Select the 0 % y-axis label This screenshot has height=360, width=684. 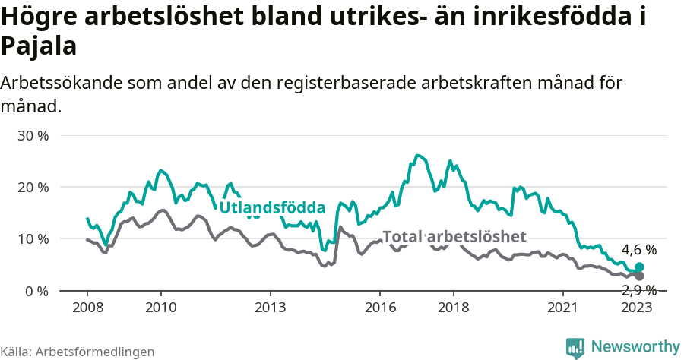(36, 291)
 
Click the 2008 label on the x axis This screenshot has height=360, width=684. (87, 308)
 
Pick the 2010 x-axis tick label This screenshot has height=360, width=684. (160, 308)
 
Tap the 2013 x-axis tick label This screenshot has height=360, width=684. (271, 308)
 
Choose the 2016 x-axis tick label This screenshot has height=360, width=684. (380, 308)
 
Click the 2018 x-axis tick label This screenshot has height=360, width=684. (454, 308)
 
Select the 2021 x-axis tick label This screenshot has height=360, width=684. (564, 308)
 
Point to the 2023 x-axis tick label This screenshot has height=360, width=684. (637, 308)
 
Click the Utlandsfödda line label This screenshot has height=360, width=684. (272, 207)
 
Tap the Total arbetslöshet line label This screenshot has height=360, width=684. (454, 236)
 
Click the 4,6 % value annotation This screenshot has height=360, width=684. (638, 250)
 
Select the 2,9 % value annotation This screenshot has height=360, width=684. (638, 290)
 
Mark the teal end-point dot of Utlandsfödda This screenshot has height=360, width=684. (639, 267)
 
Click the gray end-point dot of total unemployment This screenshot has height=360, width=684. (639, 276)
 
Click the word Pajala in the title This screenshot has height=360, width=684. (39, 47)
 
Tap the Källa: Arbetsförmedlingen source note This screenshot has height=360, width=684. (78, 352)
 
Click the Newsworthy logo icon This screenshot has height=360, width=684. (575, 348)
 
